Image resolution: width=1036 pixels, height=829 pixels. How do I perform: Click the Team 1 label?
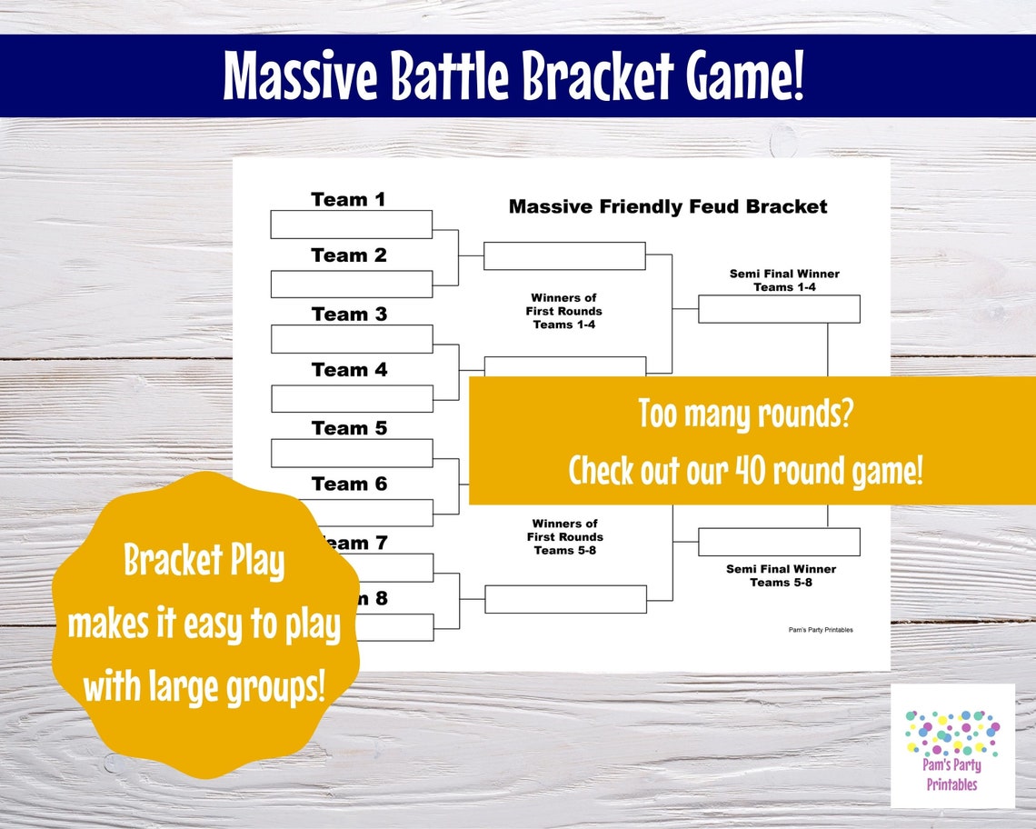point(349,199)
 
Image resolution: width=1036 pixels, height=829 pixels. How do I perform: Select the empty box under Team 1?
point(351,225)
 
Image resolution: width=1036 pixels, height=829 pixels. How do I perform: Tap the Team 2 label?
point(349,255)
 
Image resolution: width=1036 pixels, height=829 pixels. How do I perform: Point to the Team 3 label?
point(349,315)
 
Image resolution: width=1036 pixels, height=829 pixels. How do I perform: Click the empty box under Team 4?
point(351,398)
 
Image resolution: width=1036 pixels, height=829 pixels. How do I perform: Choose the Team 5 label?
point(349,428)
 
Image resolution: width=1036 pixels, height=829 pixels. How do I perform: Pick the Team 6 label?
point(349,484)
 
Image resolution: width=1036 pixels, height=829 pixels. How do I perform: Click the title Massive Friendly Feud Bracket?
point(668,206)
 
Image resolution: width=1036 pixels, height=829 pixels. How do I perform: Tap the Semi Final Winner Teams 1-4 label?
point(783,280)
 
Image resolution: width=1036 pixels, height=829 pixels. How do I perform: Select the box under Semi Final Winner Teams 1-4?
point(779,309)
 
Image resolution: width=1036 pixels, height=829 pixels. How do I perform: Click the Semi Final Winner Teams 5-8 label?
point(782,575)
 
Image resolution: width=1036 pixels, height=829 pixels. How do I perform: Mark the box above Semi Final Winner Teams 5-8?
point(779,542)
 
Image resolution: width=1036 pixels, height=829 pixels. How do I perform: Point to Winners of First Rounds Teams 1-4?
point(564,311)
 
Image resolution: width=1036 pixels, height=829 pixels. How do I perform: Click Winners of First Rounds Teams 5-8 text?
point(564,536)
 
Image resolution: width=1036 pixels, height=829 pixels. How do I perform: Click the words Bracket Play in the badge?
point(204,563)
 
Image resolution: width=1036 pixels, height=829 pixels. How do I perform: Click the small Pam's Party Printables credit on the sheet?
point(821,630)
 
